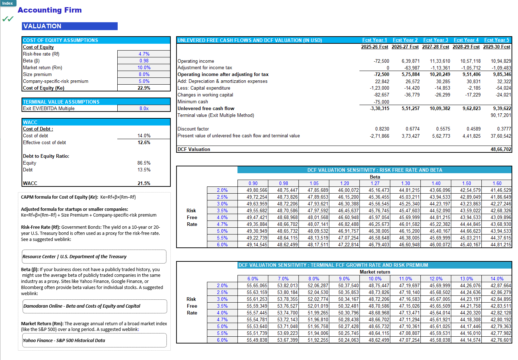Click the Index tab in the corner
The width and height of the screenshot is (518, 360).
pos(8,3)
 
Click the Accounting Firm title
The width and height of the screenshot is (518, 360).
pos(50,10)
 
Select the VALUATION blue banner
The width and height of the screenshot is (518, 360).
pos(70,26)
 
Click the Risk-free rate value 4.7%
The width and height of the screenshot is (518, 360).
pos(144,54)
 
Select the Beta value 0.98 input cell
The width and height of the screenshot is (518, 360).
pos(144,61)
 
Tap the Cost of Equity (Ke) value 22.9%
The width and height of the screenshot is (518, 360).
pos(144,88)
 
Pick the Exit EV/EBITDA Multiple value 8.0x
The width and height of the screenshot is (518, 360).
pos(144,109)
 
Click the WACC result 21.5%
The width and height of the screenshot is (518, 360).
pos(144,183)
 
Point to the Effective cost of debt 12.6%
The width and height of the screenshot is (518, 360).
pos(144,143)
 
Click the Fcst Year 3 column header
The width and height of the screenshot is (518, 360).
pos(435,40)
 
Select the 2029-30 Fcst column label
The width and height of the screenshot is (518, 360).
pos(496,47)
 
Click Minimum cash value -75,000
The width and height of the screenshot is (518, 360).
pos(381,102)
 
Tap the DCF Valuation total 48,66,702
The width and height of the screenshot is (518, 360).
pos(501,150)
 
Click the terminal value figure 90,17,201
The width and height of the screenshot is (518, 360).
pos(501,115)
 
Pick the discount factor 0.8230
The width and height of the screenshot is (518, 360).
pos(382,129)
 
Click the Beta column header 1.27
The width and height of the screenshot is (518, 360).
pos(375,183)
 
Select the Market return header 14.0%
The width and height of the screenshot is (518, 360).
pos(497,279)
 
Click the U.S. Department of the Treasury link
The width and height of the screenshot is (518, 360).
pos(75,257)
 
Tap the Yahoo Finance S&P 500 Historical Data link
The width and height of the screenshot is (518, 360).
pos(64,341)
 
